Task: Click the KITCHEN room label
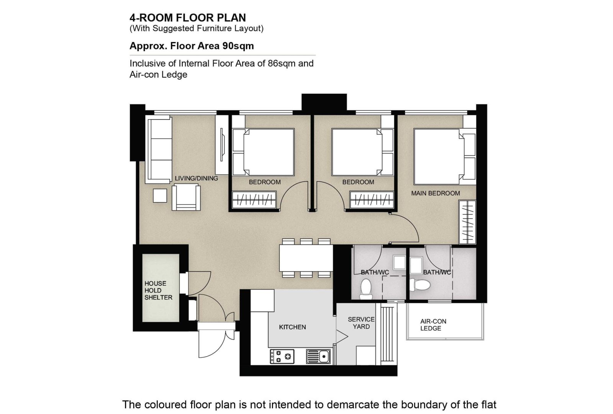pos(292,327)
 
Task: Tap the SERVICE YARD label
pos(361,323)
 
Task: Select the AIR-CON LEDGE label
pos(433,325)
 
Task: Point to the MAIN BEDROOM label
pos(435,193)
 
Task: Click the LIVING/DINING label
pos(197,178)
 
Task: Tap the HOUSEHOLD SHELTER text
pos(159,290)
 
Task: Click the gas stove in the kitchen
pos(282,357)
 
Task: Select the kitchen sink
pos(318,357)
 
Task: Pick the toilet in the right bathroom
pos(420,285)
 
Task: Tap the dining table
pos(306,258)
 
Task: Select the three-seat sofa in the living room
pos(159,149)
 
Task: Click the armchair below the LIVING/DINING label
pos(186,197)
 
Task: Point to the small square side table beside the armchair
pos(160,196)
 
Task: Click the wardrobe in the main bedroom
pos(467,222)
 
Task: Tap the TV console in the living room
pos(222,145)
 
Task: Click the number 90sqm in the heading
pos(238,46)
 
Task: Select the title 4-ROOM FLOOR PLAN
pos(188,18)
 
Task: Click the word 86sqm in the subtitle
pos(282,64)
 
